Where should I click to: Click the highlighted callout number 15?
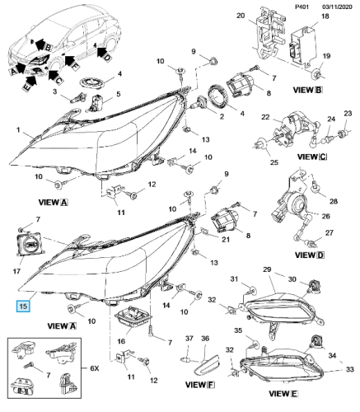click(x=23, y=306)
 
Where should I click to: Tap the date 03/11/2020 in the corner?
click(x=337, y=7)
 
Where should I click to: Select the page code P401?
click(x=302, y=7)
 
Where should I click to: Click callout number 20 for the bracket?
click(x=241, y=16)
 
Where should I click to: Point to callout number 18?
click(x=325, y=16)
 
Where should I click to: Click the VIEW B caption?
click(x=307, y=90)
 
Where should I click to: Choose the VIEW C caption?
click(x=312, y=157)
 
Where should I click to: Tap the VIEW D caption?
click(x=310, y=255)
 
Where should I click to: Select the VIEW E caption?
click(x=283, y=394)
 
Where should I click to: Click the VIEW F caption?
click(x=200, y=385)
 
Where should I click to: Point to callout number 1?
click(x=18, y=130)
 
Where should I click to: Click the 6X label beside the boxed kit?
click(x=95, y=368)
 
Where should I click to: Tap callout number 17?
click(x=16, y=271)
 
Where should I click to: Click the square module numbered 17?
click(x=29, y=243)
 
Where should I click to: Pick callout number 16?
click(x=121, y=341)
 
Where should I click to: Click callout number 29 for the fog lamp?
click(x=267, y=269)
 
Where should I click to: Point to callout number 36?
click(x=205, y=339)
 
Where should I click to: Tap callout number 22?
click(x=265, y=117)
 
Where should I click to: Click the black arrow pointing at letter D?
click(x=101, y=52)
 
